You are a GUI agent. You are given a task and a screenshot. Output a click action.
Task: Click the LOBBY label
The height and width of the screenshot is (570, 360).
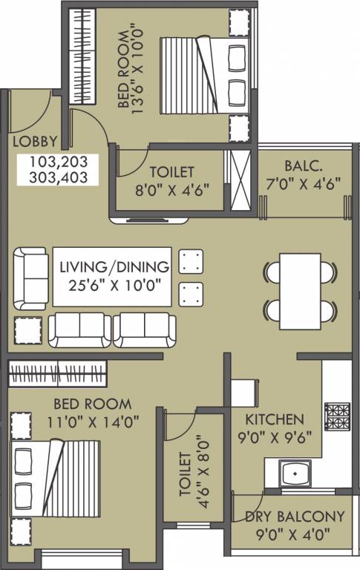[x=36, y=142]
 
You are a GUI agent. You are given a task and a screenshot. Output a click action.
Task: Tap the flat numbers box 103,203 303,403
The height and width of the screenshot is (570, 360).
[x=58, y=170]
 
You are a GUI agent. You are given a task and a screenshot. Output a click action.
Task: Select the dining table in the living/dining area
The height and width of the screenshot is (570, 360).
[x=301, y=292]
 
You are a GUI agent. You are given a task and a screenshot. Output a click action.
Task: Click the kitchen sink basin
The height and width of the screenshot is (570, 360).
[x=295, y=474]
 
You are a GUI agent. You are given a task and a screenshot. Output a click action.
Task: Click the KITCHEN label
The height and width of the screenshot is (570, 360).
[x=275, y=419]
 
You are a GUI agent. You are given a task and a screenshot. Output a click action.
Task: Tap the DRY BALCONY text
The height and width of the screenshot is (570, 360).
[x=295, y=517]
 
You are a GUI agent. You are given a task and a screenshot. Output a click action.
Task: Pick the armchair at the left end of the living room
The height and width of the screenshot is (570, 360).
[x=30, y=279]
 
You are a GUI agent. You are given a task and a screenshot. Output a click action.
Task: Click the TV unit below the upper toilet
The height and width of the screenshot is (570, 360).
[x=148, y=220]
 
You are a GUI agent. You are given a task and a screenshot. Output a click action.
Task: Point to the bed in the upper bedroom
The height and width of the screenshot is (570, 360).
[x=205, y=75]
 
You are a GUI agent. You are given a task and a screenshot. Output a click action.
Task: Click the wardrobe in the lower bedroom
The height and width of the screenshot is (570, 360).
[x=57, y=374]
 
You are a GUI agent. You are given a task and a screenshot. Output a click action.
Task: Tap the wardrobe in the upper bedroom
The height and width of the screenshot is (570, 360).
[x=82, y=56]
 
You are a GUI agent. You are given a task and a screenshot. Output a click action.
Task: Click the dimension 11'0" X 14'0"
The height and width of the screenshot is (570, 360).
[x=93, y=422]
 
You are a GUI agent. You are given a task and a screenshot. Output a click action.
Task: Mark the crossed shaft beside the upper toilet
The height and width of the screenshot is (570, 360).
[x=240, y=180]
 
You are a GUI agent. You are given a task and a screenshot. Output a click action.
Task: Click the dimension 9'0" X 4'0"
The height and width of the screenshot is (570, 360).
[x=293, y=534]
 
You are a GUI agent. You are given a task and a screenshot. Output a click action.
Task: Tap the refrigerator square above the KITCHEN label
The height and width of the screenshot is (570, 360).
[x=244, y=393]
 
